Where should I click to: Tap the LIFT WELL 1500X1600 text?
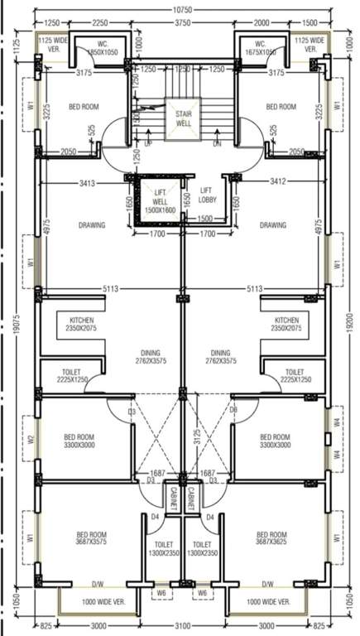coord(160,201)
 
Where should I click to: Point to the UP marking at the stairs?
coord(148,142)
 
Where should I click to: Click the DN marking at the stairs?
coord(217,142)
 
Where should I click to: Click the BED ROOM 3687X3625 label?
coord(271,539)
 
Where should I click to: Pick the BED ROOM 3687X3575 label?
coord(92,539)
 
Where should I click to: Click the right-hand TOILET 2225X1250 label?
coord(294,377)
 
